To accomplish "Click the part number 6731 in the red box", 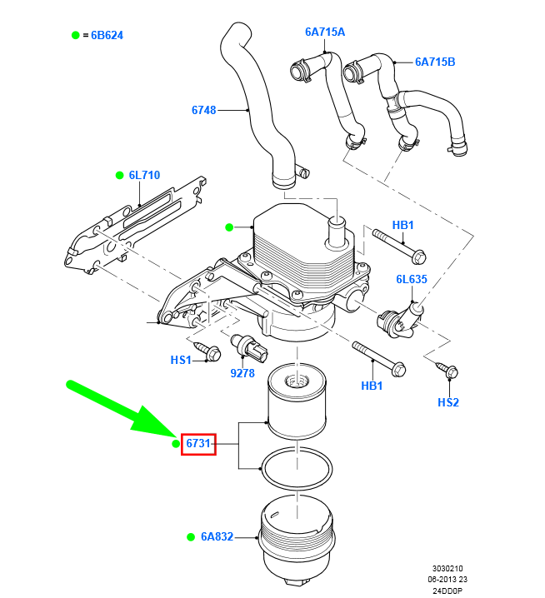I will [198, 445].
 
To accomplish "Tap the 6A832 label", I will [217, 537].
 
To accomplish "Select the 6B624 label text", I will [107, 36].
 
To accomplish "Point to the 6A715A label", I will [324, 32].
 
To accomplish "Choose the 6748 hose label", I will [203, 109].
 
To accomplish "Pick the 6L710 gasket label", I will [144, 176].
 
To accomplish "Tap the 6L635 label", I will [411, 280].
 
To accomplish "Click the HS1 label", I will [181, 360].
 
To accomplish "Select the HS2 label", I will [448, 402].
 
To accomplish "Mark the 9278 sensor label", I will [242, 373].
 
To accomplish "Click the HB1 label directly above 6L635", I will [403, 226].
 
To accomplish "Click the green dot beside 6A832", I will [190, 537].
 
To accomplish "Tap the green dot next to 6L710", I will [119, 176].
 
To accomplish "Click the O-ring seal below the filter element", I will [297, 470].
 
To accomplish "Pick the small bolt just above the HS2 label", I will [447, 371].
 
